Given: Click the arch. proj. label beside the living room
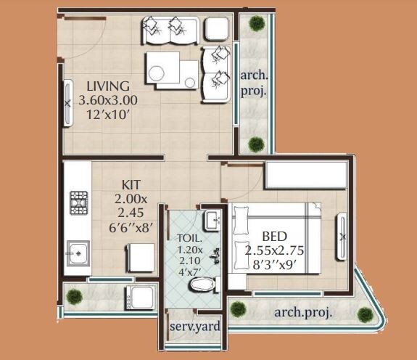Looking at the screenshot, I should pos(254,83).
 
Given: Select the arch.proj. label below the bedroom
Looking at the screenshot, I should pos(303,313).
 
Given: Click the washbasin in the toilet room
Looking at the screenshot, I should pos(211,219).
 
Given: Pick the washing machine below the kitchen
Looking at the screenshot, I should pos(140,298).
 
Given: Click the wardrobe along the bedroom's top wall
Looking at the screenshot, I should pos(305,177).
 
